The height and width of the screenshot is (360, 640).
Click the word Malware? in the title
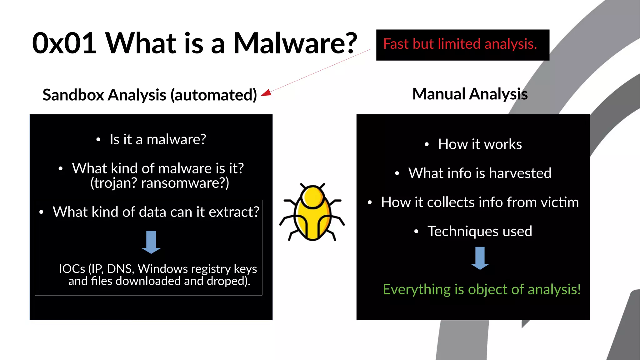[x=295, y=43]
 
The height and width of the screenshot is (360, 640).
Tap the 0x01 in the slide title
[x=64, y=43]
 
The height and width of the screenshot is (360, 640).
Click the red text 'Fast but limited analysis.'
[x=460, y=44]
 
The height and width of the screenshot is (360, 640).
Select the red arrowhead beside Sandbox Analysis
[x=266, y=93]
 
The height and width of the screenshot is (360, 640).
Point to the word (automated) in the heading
[x=213, y=95]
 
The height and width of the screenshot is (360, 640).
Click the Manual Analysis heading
[x=470, y=94]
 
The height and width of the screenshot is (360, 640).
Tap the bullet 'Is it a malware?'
[x=157, y=139]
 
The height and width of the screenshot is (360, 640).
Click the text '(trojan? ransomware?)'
[x=159, y=183]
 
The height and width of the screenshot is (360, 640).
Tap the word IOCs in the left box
[x=72, y=269]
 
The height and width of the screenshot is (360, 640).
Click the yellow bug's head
[x=312, y=197]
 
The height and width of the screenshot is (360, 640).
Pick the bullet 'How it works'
[x=480, y=144]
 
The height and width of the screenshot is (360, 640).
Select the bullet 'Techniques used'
[x=479, y=232]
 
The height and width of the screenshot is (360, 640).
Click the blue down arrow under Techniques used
[x=480, y=258]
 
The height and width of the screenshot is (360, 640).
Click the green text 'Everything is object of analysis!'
[x=482, y=289]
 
